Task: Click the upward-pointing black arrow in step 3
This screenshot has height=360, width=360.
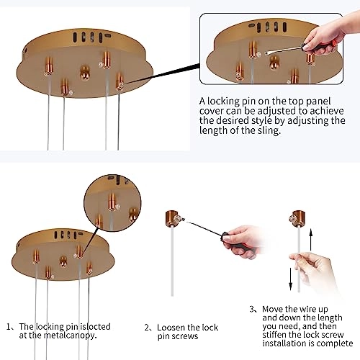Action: (x=311, y=240)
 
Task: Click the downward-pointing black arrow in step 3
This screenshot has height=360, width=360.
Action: (x=291, y=279)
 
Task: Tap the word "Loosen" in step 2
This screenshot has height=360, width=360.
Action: (x=171, y=328)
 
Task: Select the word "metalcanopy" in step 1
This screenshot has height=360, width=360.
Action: (x=70, y=336)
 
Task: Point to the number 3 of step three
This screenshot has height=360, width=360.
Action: (x=251, y=309)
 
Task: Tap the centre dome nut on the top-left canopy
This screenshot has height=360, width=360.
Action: (x=85, y=73)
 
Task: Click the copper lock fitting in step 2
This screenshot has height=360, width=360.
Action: (x=172, y=218)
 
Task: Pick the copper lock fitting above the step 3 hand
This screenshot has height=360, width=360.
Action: (x=297, y=218)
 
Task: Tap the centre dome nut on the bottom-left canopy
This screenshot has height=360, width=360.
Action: (x=63, y=261)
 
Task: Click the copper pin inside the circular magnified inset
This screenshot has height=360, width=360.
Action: (x=112, y=202)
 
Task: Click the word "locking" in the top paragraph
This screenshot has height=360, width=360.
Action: (x=223, y=102)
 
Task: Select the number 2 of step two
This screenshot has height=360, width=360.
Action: (x=147, y=328)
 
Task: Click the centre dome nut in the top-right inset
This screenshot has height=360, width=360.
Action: (x=274, y=62)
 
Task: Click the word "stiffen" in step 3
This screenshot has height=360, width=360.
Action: (x=274, y=335)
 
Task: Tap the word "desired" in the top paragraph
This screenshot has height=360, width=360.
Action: (x=233, y=121)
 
